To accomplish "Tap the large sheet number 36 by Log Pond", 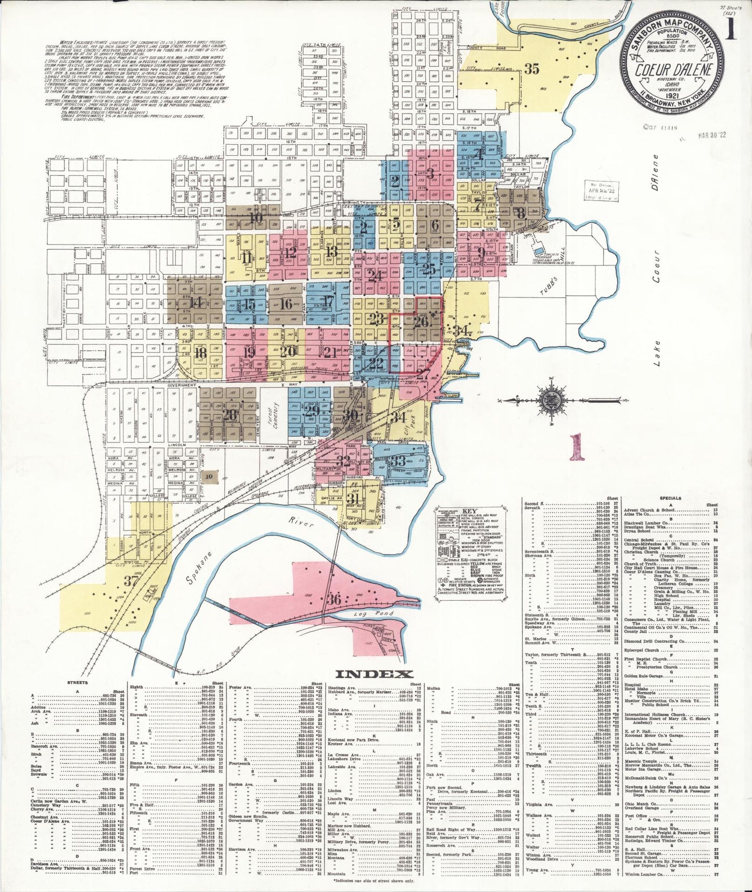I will (x=334, y=600).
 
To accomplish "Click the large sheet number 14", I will (x=196, y=302).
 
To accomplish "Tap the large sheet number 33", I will (x=398, y=461).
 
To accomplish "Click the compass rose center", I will (x=550, y=400).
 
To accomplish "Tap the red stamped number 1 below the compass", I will (x=575, y=448).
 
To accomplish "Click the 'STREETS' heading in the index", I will (x=78, y=682).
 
